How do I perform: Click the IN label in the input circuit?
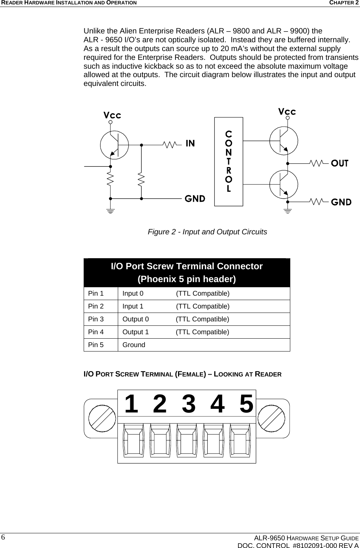(190, 143)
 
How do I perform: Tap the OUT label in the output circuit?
(340, 163)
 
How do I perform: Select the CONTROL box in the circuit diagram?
(229, 162)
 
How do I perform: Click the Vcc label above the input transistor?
(112, 115)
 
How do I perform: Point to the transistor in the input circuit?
(114, 145)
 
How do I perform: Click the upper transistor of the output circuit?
(284, 140)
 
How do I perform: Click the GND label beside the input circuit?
(194, 199)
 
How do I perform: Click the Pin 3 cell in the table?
(96, 319)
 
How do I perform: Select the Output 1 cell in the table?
(136, 332)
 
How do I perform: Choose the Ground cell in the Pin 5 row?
(134, 345)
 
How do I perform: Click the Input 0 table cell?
(133, 293)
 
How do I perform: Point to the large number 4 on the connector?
(217, 404)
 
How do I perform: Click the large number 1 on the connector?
(131, 404)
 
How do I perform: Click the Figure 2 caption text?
(207, 232)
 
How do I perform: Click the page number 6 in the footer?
(3, 537)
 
